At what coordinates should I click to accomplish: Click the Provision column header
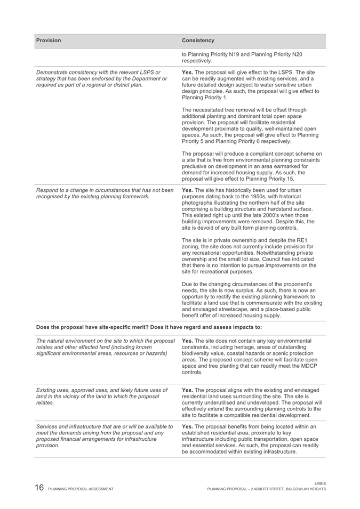point(49,41)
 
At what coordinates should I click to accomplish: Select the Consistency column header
point(198,41)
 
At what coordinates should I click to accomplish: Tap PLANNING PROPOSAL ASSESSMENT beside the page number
point(81,489)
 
